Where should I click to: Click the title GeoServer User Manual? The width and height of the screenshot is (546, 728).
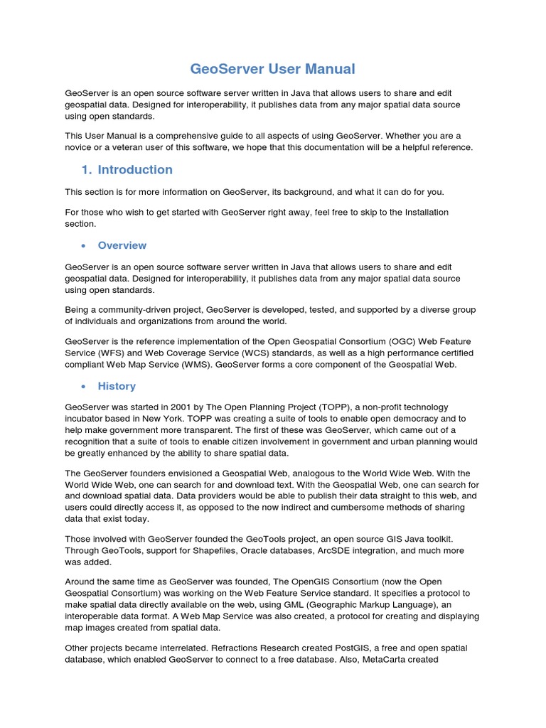pyautogui.click(x=272, y=69)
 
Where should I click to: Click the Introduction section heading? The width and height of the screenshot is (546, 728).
pyautogui.click(x=135, y=169)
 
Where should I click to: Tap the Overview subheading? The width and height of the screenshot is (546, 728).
pyautogui.click(x=122, y=245)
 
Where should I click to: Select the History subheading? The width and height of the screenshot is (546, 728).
pyautogui.click(x=117, y=386)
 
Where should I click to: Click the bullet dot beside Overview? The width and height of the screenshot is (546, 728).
pyautogui.click(x=84, y=246)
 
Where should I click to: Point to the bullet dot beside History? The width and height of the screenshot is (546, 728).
pyautogui.click(x=84, y=387)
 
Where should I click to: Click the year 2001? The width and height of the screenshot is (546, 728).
pyautogui.click(x=202, y=407)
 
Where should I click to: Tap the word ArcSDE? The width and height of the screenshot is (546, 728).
pyautogui.click(x=319, y=550)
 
